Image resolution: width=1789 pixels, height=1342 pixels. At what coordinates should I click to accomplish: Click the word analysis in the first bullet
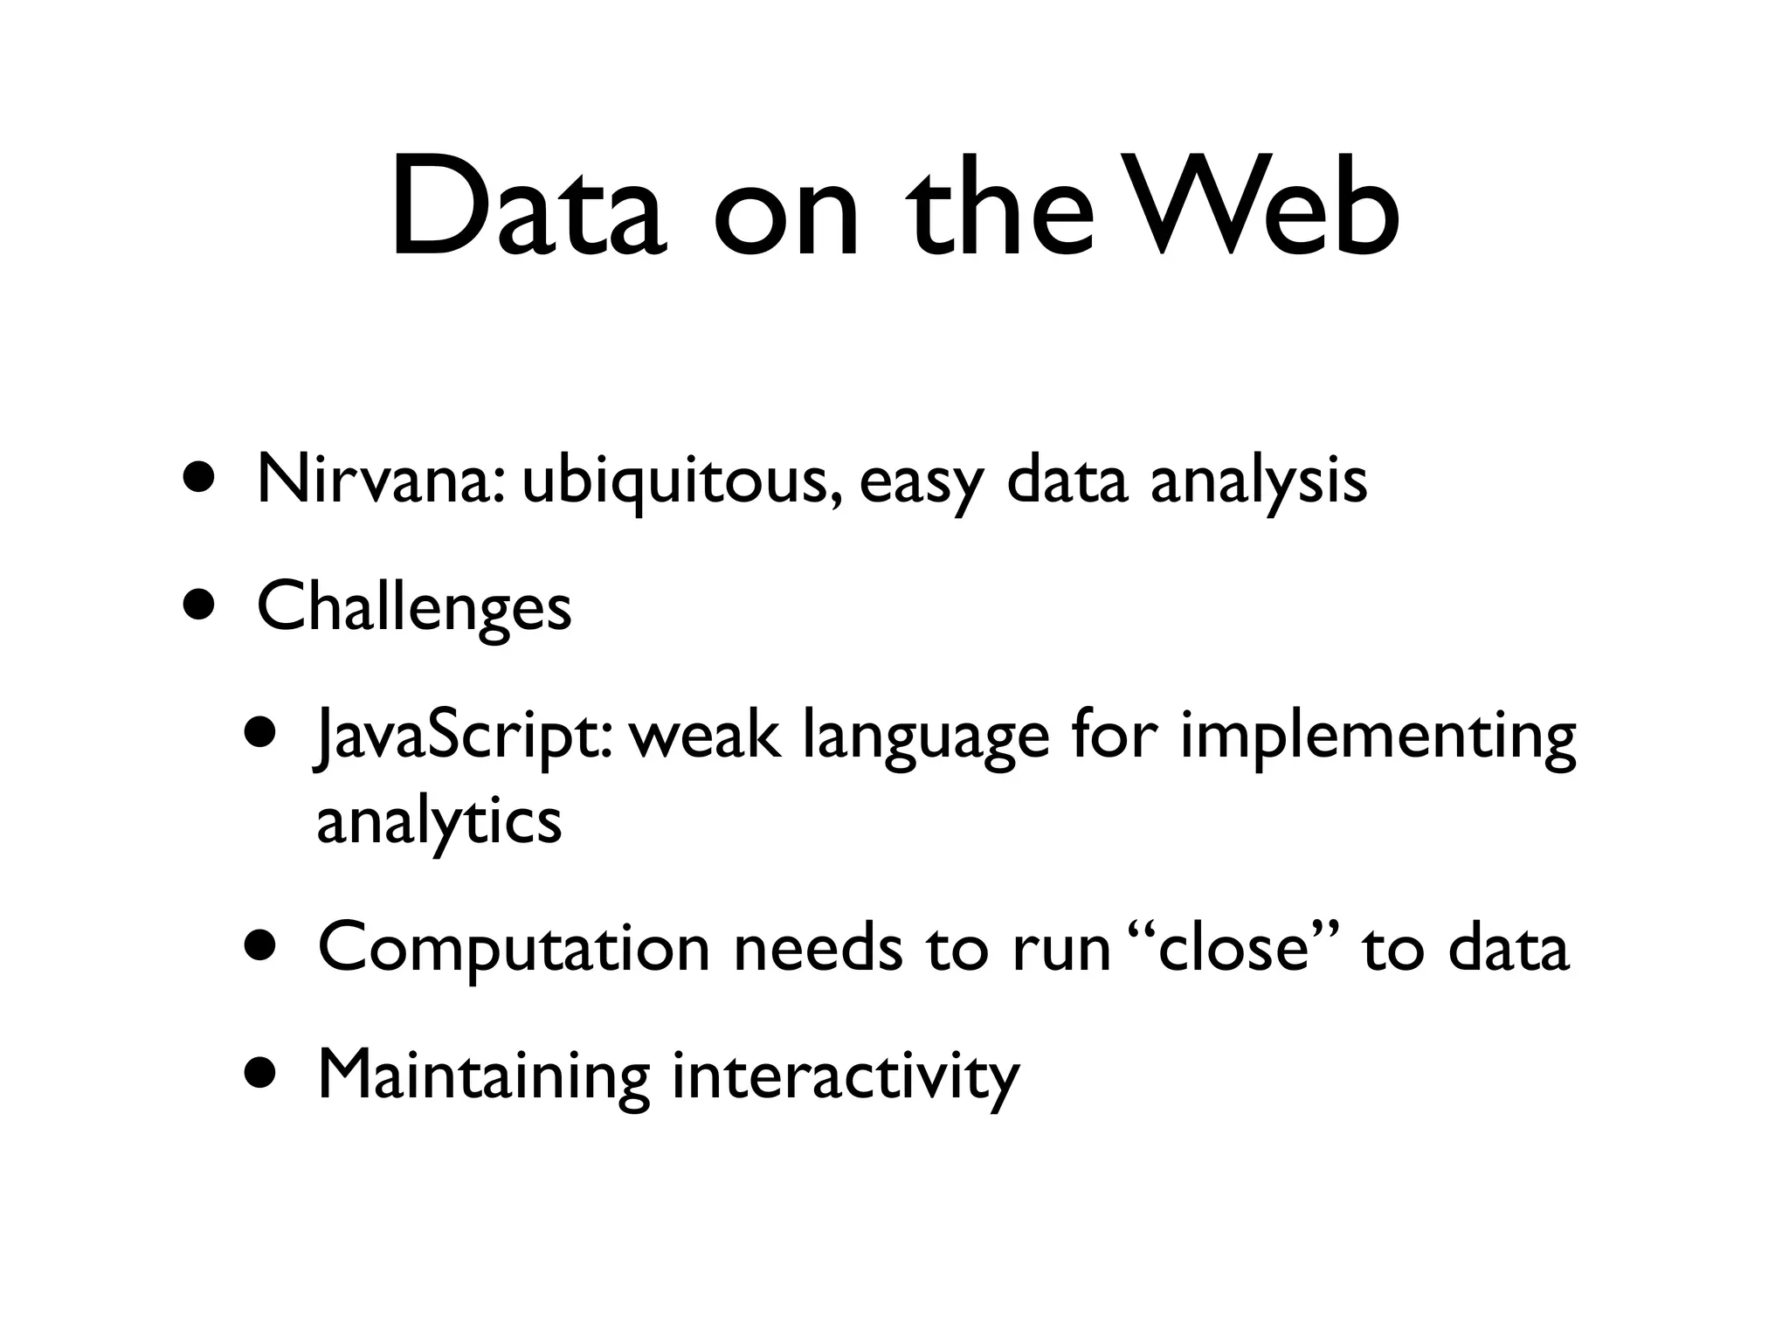coord(1258,481)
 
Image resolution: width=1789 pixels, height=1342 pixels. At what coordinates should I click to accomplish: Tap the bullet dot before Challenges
coord(199,605)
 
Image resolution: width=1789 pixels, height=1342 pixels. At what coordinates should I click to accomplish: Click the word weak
coord(703,735)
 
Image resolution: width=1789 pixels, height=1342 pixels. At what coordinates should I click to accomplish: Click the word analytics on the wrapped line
coord(439,822)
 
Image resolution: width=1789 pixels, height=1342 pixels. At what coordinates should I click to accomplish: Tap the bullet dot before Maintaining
coord(260,1072)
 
